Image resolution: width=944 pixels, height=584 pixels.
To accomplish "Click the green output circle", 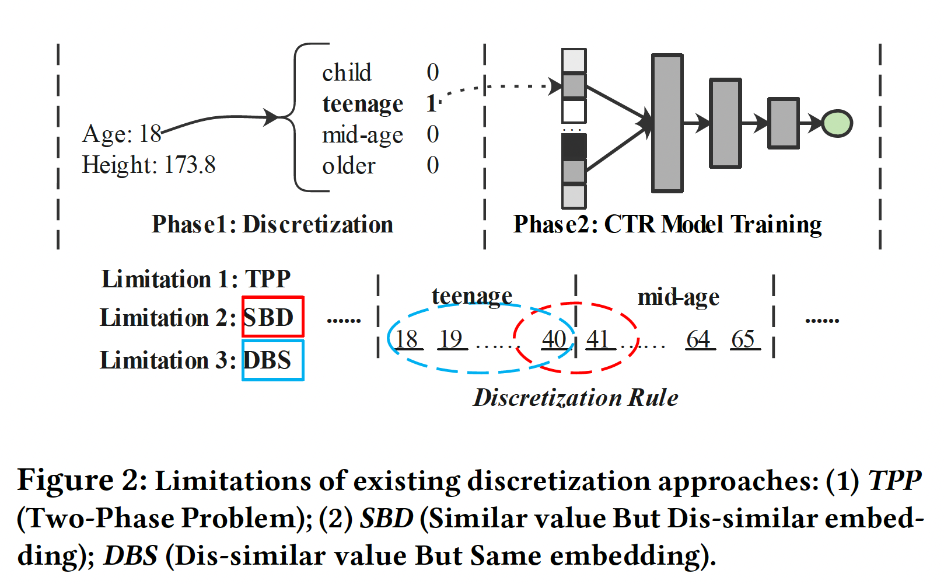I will [x=837, y=123].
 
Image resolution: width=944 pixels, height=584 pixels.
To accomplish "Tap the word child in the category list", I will [x=347, y=72].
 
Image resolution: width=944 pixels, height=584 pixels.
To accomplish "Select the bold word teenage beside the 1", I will [x=362, y=104].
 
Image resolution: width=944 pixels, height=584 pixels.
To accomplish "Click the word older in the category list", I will [x=348, y=166].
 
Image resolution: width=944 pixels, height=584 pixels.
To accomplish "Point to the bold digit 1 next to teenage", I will [x=432, y=104].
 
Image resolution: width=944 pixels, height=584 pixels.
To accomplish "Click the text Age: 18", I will [x=121, y=134].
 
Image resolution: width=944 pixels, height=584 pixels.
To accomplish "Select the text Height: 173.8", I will [x=149, y=165].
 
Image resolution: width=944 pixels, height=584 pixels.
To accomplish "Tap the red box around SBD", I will [x=273, y=317].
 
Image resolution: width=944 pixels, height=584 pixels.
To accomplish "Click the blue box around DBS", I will [x=273, y=360].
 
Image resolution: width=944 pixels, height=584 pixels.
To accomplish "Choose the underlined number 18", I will [x=406, y=339].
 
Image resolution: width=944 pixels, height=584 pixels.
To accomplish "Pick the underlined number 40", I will [x=554, y=339].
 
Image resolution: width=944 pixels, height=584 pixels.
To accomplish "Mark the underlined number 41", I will [x=598, y=339].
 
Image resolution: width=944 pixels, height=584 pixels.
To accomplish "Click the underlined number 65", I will [x=743, y=339].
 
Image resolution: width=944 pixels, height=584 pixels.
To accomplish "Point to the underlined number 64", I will [x=698, y=339].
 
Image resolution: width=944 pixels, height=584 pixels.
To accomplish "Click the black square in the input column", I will [x=574, y=147].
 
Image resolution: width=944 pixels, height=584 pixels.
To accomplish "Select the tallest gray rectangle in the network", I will [x=667, y=123].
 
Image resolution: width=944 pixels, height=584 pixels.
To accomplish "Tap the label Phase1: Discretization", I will [x=272, y=224].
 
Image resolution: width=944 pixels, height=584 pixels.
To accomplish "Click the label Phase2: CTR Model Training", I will [x=667, y=224].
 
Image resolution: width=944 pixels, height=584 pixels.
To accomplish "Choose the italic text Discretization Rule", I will [x=575, y=398].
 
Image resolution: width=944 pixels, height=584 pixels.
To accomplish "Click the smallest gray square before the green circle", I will [x=783, y=123].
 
